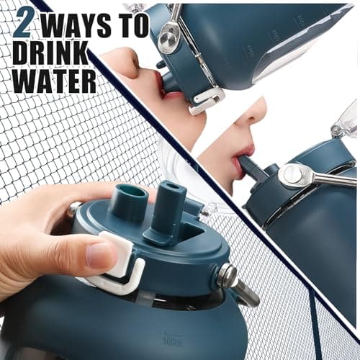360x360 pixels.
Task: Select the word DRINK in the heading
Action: (x=50, y=53)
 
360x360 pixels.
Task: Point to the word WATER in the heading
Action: (x=55, y=80)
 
